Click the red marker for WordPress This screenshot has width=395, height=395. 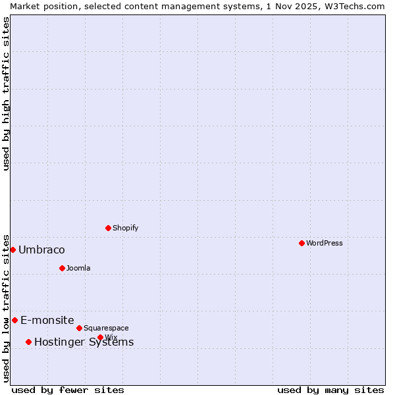302,243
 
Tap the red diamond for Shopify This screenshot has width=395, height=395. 108,228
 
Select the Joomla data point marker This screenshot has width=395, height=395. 62,268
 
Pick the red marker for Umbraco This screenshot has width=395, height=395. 13,250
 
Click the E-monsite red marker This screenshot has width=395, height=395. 14,320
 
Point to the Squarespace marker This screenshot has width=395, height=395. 79,328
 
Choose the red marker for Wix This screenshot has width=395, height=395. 100,337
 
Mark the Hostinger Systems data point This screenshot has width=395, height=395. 28,342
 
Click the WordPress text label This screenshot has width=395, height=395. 325,243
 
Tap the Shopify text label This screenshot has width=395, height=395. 125,228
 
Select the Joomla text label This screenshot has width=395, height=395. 78,268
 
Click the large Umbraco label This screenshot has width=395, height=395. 41,250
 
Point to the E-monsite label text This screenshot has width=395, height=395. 47,320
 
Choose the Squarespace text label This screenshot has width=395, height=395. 106,328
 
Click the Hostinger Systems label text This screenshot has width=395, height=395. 84,342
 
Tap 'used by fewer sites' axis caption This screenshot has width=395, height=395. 68,390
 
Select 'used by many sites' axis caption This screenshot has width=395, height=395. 330,390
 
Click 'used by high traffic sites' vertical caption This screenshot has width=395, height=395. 6,93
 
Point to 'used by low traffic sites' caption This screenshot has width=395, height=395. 6,308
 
